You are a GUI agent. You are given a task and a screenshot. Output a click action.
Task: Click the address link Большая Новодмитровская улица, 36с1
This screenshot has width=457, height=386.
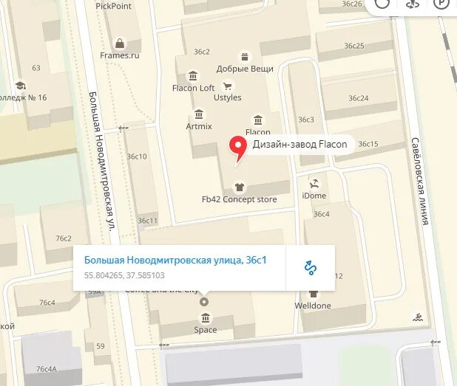click(175, 260)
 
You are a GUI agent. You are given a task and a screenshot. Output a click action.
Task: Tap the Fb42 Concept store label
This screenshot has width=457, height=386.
click(239, 199)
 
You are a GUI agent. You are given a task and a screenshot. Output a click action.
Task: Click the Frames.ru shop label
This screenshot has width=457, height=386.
click(120, 55)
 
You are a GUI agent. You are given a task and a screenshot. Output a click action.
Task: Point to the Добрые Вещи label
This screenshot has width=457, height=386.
click(245, 69)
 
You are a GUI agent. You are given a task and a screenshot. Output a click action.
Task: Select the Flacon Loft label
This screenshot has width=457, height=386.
click(193, 88)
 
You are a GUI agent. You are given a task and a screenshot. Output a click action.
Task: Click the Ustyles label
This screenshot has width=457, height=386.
click(227, 97)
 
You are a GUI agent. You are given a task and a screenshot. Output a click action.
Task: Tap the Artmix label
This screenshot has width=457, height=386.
click(199, 126)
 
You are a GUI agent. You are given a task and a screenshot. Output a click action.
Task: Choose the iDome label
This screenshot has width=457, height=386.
click(314, 196)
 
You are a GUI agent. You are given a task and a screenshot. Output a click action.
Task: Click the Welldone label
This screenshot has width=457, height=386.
click(313, 306)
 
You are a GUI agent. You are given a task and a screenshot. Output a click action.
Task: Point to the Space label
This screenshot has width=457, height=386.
click(205, 330)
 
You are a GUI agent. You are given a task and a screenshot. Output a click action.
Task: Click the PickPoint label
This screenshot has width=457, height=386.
click(113, 5)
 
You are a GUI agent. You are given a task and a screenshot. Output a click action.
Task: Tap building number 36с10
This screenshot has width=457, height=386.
click(137, 156)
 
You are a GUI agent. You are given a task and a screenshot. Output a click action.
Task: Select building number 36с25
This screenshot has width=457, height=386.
click(354, 46)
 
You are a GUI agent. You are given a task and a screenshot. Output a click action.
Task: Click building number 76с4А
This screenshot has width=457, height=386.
click(46, 369)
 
